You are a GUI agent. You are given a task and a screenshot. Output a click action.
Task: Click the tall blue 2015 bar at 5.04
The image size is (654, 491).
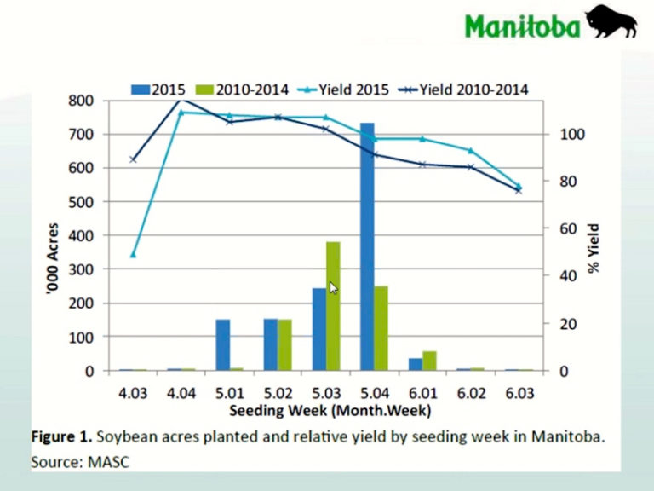click(x=367, y=247)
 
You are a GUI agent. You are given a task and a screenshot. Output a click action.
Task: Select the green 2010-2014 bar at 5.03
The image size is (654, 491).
click(x=333, y=307)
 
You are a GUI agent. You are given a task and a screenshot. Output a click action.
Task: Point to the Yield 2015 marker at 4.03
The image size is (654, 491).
click(x=133, y=255)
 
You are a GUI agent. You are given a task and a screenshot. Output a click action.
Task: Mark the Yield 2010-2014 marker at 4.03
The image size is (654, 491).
click(x=133, y=159)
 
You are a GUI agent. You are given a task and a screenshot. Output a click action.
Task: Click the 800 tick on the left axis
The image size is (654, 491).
click(x=81, y=101)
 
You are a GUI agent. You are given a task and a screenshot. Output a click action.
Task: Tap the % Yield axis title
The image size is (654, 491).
click(x=594, y=247)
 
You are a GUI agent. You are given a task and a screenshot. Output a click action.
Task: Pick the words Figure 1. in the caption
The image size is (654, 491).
click(x=61, y=437)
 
